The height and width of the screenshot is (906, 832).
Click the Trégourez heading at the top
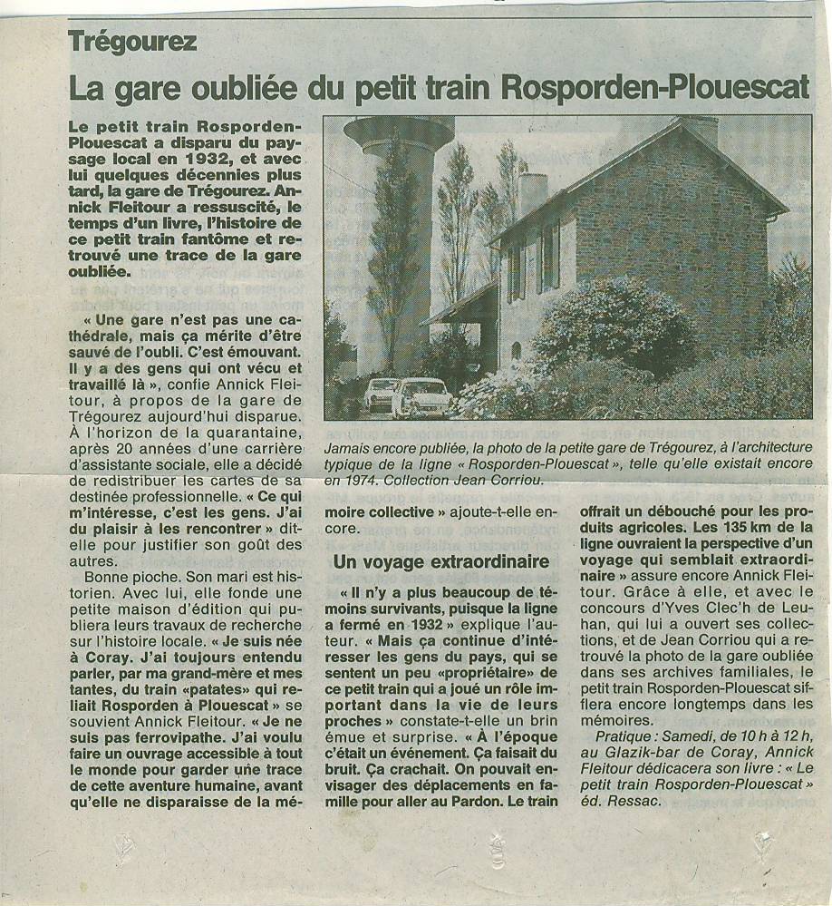point(131,40)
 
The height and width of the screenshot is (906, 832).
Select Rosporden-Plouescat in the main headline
point(653,87)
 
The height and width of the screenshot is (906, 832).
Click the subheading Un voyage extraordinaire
point(441,561)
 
